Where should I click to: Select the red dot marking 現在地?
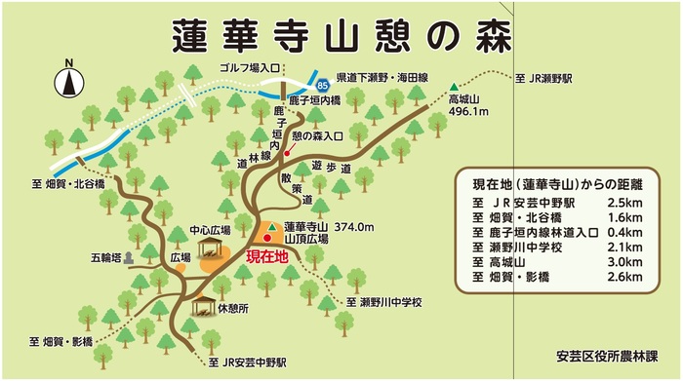click(267, 237)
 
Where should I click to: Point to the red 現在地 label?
click(266, 257)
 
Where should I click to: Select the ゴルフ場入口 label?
click(247, 70)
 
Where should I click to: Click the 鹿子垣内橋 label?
click(313, 101)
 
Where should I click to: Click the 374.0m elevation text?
click(354, 227)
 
